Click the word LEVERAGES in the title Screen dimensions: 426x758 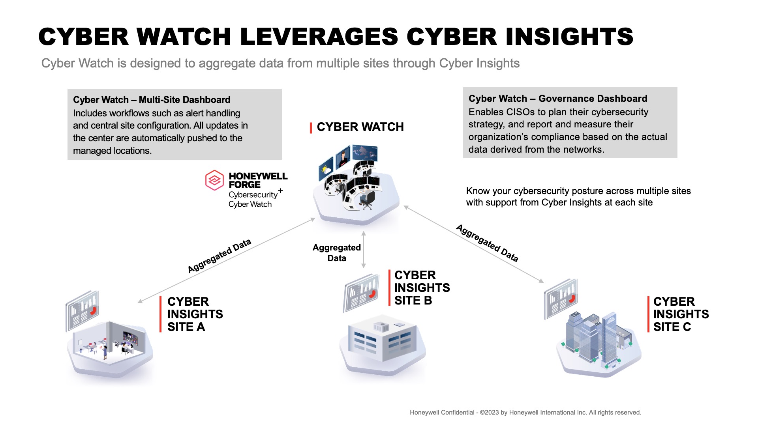click(x=319, y=37)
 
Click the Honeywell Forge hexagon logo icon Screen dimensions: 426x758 click(x=214, y=180)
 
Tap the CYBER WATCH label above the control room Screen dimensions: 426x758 click(x=360, y=127)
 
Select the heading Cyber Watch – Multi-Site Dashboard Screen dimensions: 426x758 click(x=152, y=100)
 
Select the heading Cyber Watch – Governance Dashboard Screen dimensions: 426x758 click(x=558, y=99)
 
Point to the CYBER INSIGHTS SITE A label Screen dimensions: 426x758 click(x=195, y=314)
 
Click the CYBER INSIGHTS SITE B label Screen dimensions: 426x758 click(x=422, y=288)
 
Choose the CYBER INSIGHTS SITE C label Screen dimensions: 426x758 click(x=681, y=314)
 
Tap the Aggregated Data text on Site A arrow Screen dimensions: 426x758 click(x=219, y=256)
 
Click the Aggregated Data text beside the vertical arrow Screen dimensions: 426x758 click(x=336, y=252)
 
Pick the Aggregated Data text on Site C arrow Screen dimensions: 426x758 click(x=487, y=243)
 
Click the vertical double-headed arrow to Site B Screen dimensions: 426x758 click(x=364, y=249)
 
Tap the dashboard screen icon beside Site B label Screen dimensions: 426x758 click(x=361, y=293)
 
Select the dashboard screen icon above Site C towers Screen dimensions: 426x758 click(x=561, y=299)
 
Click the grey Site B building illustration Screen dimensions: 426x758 click(x=382, y=342)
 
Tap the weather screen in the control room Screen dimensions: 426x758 click(x=326, y=169)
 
